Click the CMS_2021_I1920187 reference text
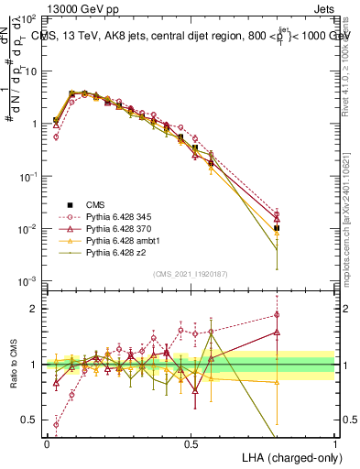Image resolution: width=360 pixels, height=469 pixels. tap(191, 274)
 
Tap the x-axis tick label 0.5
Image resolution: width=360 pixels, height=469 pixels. tap(191, 443)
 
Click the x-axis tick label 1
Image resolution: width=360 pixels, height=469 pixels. tap(335, 443)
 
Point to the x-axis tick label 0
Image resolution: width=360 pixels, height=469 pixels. tap(47, 443)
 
